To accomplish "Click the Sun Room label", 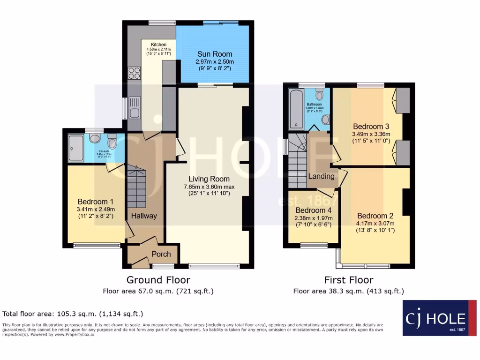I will click(214, 54).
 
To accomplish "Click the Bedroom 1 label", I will click(96, 202).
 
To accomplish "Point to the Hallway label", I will click(144, 216).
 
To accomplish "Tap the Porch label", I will click(161, 255).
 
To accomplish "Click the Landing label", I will click(321, 176).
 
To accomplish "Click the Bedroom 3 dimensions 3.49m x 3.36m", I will click(371, 134).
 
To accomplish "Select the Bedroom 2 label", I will click(375, 216).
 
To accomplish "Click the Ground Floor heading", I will click(158, 280).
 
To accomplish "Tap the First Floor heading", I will click(349, 280).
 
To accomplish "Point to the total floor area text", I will click(73, 314).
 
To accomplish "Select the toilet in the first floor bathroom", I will click(320, 95).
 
